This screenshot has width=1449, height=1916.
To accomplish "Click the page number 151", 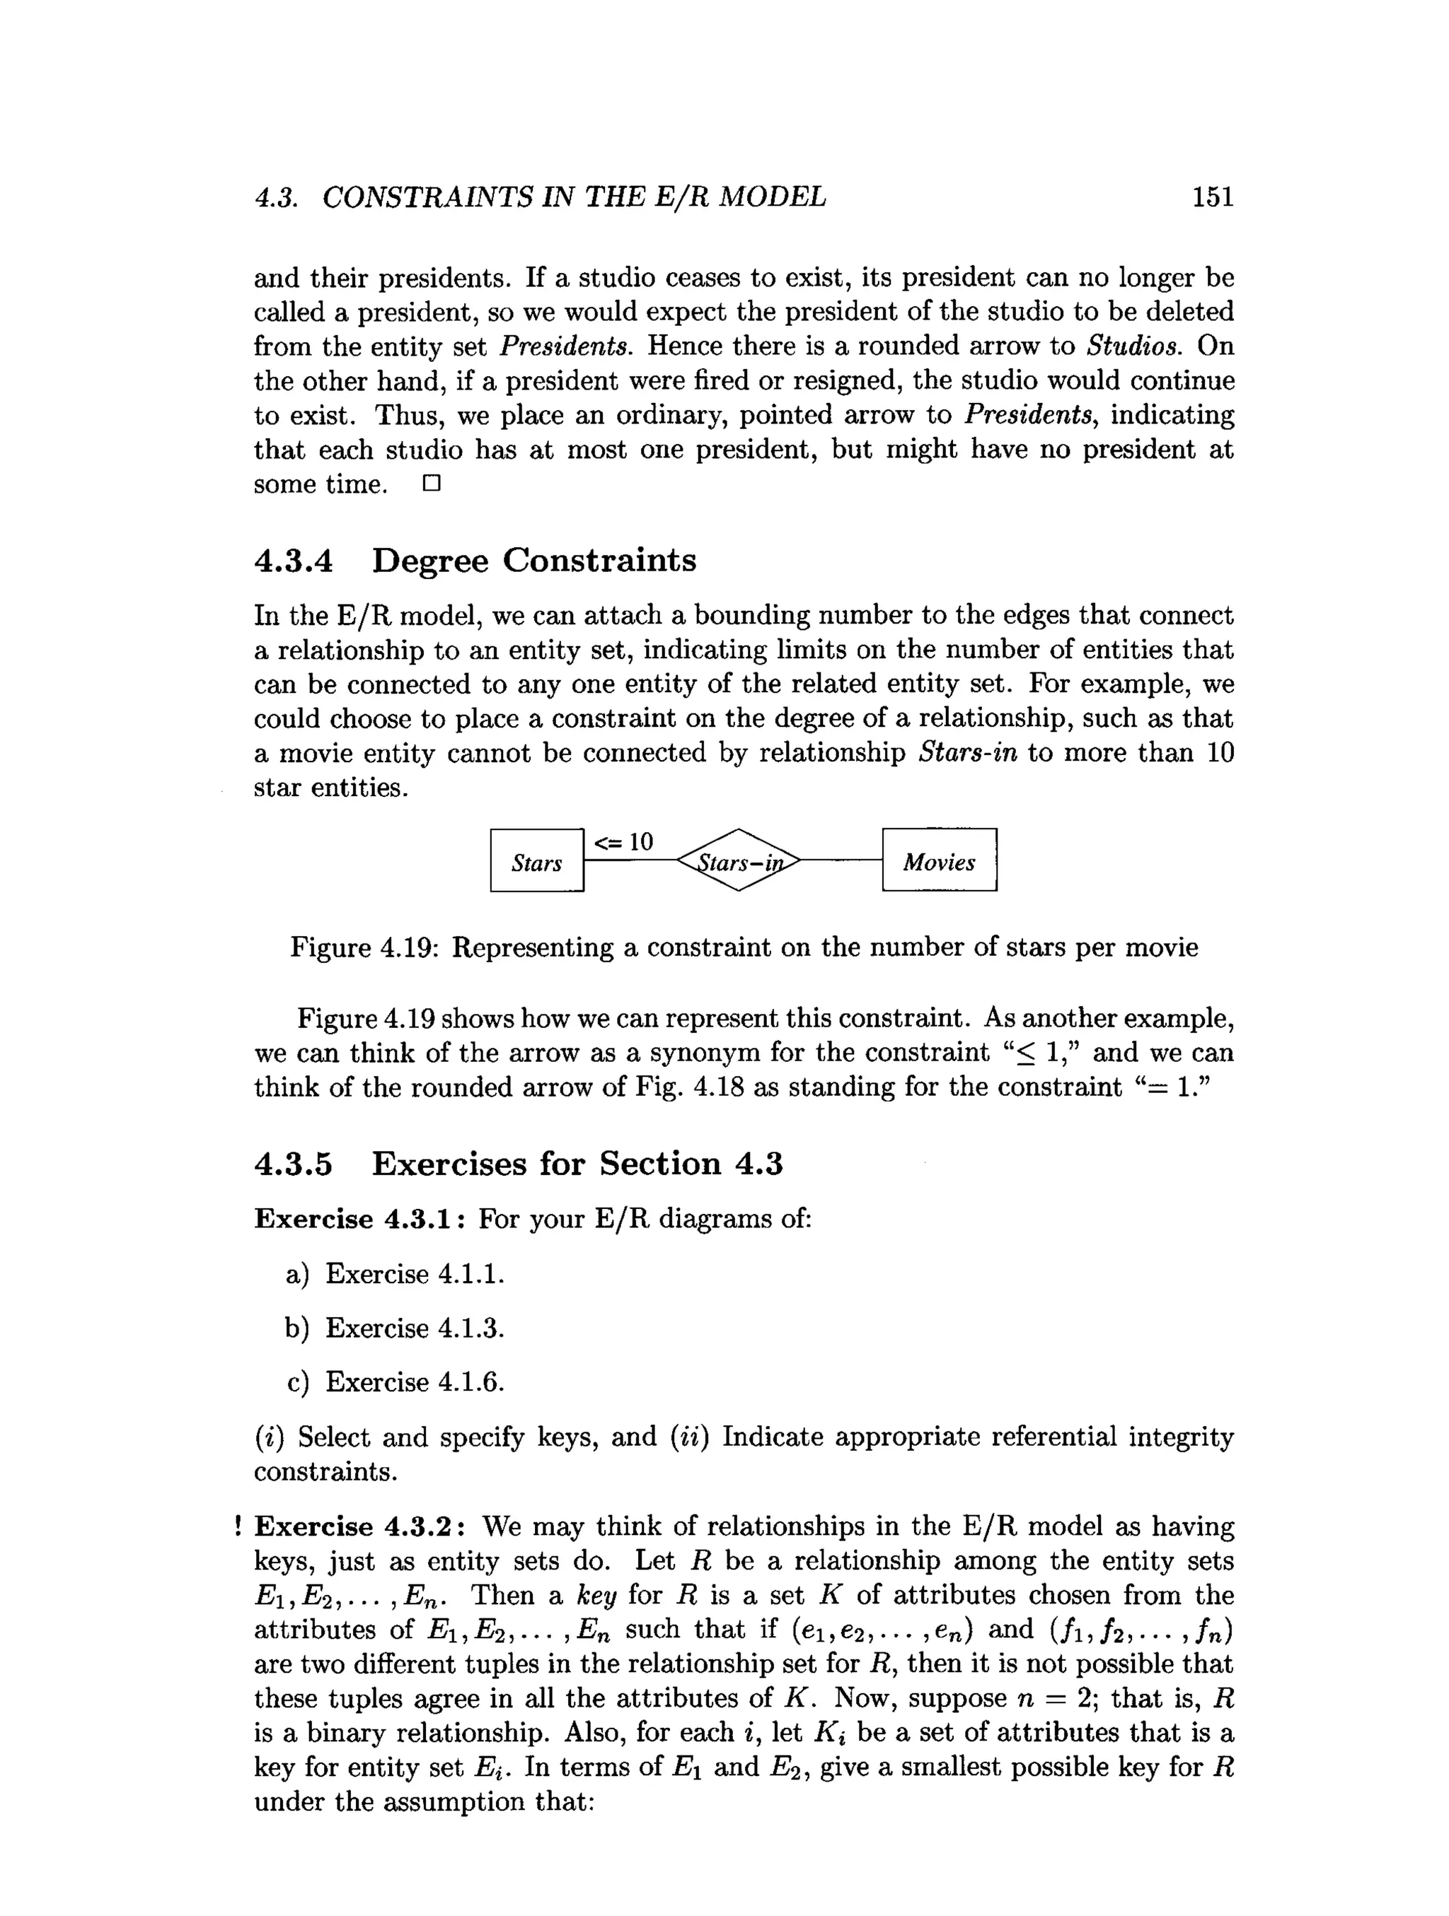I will pos(1211,197).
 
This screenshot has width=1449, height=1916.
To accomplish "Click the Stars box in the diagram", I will pos(536,860).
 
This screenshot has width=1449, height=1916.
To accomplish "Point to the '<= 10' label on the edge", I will pos(623,841).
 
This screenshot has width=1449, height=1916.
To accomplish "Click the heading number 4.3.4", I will pos(293,561).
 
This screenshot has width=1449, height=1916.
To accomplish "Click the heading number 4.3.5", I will pos(293,1163).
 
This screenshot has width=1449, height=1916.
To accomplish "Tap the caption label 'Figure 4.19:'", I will pos(365,947).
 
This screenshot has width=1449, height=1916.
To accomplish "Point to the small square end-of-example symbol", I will pos(432,484).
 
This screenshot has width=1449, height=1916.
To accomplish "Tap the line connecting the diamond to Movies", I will pos(841,860).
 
